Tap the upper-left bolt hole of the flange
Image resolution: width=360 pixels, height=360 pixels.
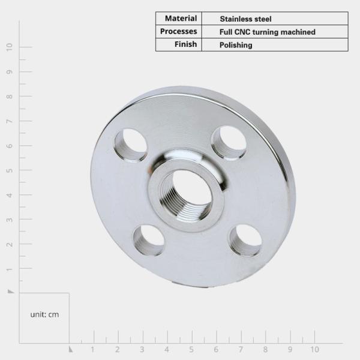click(x=131, y=145)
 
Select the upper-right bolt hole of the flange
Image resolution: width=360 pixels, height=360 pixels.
click(x=229, y=143)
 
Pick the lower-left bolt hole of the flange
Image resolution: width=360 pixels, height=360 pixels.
click(x=149, y=239)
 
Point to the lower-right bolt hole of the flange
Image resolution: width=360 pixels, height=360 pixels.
click(x=245, y=240)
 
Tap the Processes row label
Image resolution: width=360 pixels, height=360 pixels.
click(x=179, y=31)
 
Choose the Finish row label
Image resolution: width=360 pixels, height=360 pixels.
click(x=186, y=44)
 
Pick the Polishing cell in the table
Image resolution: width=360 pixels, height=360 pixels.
click(x=236, y=45)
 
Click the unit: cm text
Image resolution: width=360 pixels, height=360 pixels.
click(x=44, y=314)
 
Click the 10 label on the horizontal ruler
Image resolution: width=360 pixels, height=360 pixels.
click(x=314, y=349)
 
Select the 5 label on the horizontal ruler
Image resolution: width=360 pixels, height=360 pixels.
click(x=191, y=349)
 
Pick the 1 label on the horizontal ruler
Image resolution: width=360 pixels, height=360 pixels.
click(x=93, y=349)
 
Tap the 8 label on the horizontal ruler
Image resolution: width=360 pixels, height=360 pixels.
click(x=265, y=349)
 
